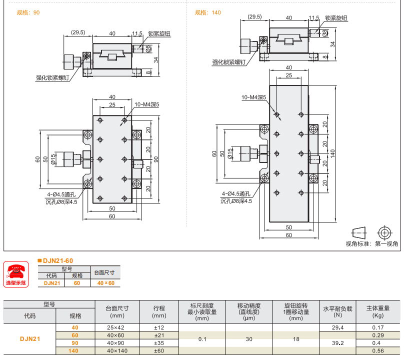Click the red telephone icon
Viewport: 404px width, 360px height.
tap(16, 271)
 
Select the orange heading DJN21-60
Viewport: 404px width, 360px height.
tap(57, 260)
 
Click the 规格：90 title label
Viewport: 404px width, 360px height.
tap(28, 12)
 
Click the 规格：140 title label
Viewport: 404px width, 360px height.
tap(207, 12)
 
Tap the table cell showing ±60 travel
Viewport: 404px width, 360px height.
tap(159, 351)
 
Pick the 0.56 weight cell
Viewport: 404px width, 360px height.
tap(378, 351)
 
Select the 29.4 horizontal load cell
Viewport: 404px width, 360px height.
tap(337, 327)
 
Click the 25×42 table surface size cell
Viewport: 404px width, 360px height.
tap(117, 327)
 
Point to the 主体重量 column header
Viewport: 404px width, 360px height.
tap(378, 308)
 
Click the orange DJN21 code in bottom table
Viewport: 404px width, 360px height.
tap(29, 339)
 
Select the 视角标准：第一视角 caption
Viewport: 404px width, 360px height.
tap(371, 244)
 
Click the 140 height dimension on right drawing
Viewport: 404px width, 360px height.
tap(332, 151)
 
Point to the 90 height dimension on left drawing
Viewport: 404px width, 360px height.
tap(155, 159)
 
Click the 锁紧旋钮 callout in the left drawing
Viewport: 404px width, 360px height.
tap(159, 34)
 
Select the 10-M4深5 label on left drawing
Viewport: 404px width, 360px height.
tap(146, 104)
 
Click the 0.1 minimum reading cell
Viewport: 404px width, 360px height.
tap(202, 339)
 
